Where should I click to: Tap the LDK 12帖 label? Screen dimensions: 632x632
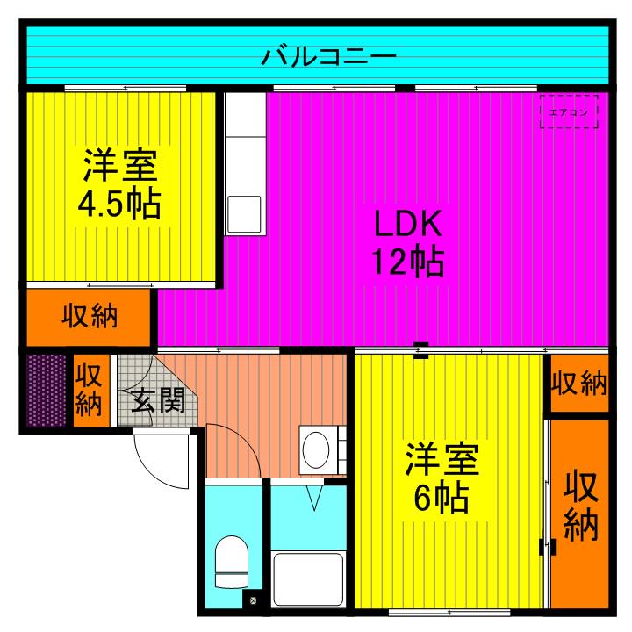(408, 243)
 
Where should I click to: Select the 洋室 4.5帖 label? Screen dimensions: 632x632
(120, 184)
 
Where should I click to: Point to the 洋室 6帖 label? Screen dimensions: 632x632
(442, 479)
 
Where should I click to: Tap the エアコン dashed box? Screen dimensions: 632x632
(568, 111)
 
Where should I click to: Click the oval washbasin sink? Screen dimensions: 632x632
(317, 449)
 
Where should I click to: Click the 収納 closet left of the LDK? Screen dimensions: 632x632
(90, 316)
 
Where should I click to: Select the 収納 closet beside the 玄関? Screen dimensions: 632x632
(90, 390)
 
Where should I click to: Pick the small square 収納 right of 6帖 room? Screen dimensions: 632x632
(578, 383)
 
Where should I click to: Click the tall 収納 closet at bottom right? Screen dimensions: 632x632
(579, 509)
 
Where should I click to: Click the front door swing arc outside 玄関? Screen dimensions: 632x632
(162, 461)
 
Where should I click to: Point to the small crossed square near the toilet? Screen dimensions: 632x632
(253, 601)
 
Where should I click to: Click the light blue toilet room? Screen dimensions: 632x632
(233, 544)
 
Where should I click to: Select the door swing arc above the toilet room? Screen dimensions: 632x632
(233, 452)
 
